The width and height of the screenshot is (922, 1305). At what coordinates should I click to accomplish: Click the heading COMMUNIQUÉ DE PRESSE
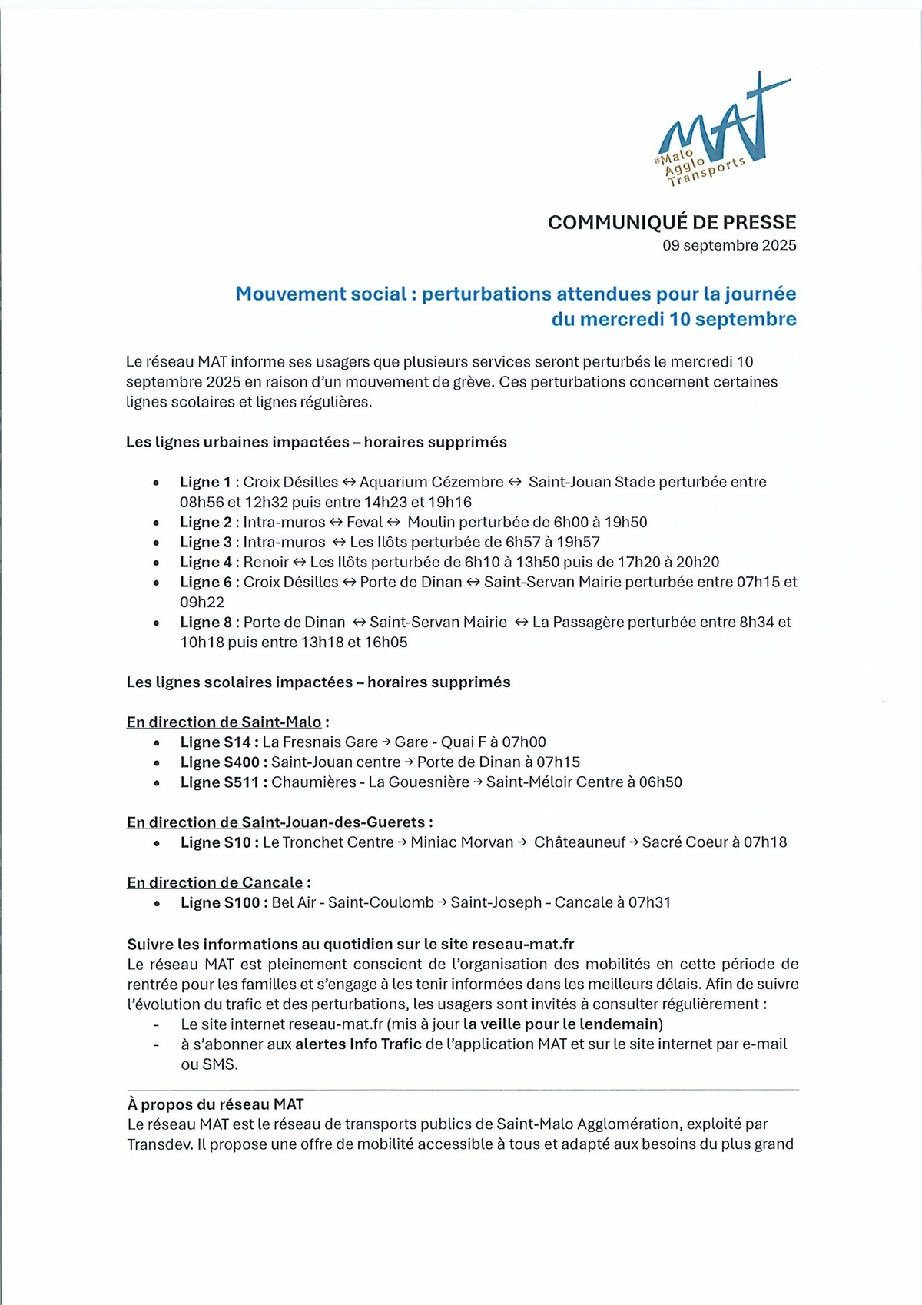672,222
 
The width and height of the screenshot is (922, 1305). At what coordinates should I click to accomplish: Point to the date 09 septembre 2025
729,245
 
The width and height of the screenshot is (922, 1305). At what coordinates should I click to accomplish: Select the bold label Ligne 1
205,482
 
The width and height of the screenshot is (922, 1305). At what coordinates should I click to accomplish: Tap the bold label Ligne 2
205,522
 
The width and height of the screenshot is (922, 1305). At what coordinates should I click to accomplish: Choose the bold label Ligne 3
205,542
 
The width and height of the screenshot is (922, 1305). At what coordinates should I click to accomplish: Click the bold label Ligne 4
205,562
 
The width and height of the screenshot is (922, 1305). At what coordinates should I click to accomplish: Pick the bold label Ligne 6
205,582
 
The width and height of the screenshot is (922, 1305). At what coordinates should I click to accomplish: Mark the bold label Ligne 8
205,622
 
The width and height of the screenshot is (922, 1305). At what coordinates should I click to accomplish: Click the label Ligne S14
218,742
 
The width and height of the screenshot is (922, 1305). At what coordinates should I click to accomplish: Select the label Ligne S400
223,762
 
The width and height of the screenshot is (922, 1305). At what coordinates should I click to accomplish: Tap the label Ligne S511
223,782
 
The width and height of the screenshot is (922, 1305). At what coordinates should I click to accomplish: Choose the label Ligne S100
223,902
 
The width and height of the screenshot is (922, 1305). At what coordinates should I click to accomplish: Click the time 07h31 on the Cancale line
649,902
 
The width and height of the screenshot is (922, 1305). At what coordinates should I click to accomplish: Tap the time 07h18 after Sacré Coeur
765,842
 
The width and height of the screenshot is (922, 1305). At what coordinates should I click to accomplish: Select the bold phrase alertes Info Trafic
358,1044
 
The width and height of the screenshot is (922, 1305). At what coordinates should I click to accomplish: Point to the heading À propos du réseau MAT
215,1104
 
